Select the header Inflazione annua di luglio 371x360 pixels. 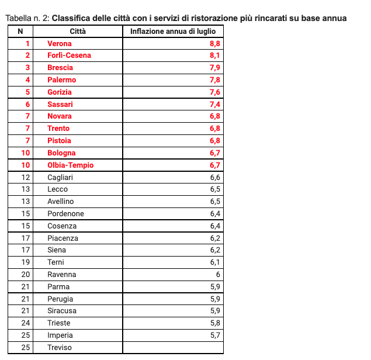173,31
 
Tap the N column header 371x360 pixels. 20,31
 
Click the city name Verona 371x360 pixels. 60,43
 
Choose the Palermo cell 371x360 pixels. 62,80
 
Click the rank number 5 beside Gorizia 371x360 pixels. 27,92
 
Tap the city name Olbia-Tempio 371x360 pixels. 70,165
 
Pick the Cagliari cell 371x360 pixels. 60,178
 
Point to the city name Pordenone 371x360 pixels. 65,214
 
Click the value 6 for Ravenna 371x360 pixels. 218,275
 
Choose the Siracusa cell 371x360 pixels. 62,311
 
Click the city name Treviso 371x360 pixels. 60,348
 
